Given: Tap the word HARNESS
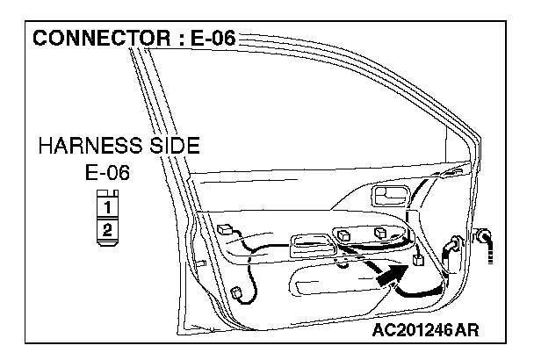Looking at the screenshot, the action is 86,146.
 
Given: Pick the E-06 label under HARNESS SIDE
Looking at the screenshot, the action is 106,172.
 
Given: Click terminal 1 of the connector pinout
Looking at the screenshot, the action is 106,208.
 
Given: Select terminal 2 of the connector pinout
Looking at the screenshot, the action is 106,230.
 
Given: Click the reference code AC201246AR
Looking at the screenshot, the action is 426,331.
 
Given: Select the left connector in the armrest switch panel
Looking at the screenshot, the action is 349,235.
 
